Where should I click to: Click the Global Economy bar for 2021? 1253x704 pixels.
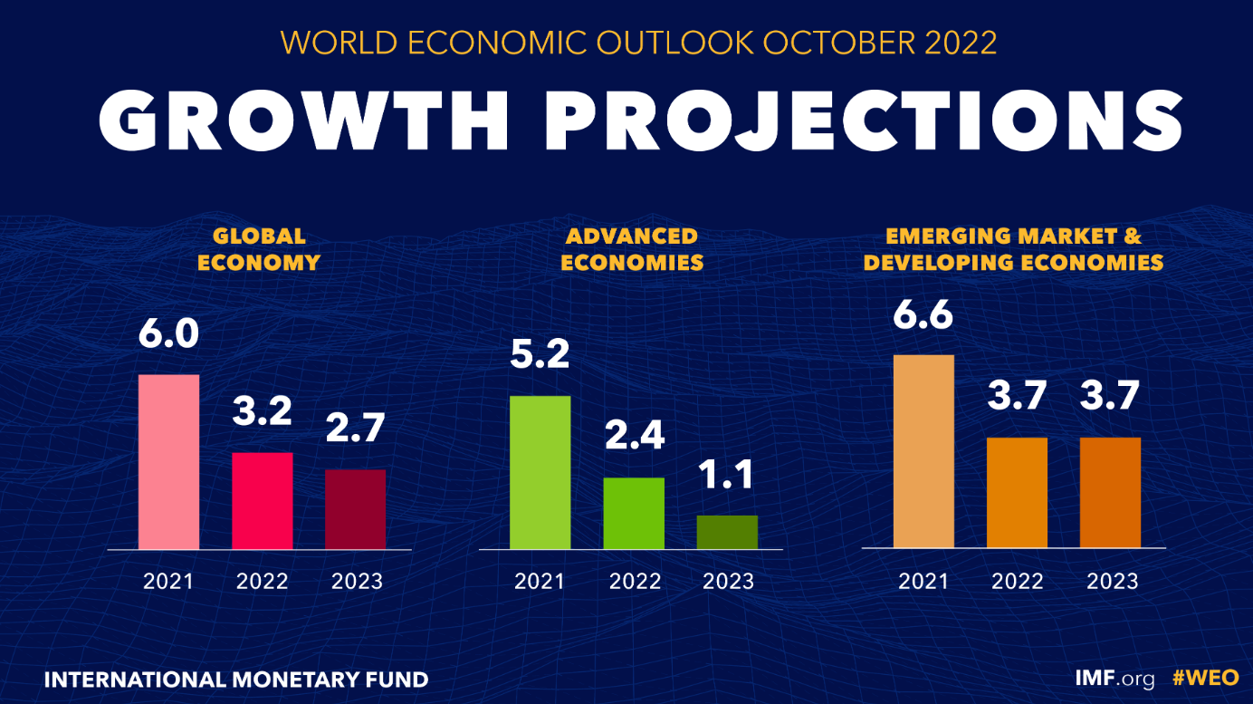tap(168, 461)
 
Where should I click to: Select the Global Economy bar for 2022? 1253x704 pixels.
tap(263, 500)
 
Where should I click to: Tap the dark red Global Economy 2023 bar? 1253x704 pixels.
tap(356, 509)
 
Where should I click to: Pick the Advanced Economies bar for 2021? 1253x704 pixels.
tap(540, 472)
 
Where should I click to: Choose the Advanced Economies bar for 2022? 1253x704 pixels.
tap(634, 513)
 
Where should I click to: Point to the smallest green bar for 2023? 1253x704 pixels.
tap(727, 532)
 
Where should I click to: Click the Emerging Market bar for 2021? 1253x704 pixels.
tap(923, 451)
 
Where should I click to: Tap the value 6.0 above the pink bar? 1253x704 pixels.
tap(168, 333)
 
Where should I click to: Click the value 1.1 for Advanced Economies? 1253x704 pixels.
tap(727, 475)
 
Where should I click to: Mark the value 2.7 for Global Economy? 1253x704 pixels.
tap(356, 429)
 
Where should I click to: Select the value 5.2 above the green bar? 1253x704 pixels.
tap(540, 355)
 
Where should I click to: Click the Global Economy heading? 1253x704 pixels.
tap(259, 249)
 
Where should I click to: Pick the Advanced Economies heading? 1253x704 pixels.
tap(632, 249)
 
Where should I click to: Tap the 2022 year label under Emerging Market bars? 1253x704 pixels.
tap(1017, 581)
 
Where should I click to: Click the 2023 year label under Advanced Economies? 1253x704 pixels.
tap(728, 581)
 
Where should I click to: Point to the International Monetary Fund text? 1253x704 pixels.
tap(236, 679)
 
